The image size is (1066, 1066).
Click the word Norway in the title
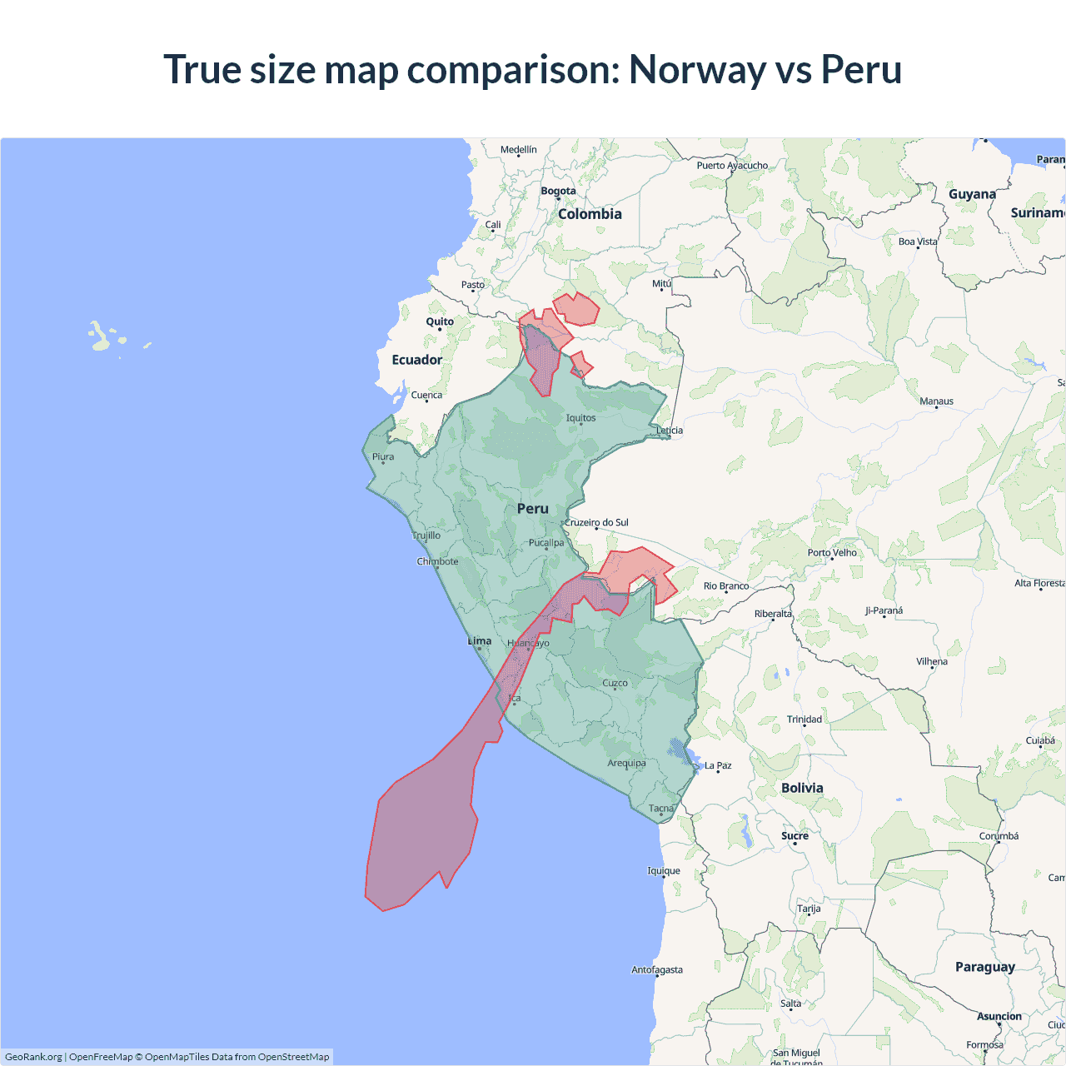697,69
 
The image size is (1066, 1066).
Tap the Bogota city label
558,191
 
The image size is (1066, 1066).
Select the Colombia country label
590,214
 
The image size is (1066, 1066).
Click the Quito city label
440,321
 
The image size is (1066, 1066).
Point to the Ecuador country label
416,360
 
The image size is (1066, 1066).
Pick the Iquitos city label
580,418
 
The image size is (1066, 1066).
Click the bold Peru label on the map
532,509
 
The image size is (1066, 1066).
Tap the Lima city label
480,641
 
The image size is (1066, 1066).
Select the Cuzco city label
615,683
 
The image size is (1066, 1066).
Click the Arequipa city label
626,763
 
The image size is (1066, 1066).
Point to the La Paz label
718,765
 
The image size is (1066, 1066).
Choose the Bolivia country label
802,788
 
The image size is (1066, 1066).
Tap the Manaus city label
936,401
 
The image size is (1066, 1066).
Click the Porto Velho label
832,553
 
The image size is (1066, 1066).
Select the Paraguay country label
984,967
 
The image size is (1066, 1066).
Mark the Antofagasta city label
657,969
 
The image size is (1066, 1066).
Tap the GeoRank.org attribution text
33,1057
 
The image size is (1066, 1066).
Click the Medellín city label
519,150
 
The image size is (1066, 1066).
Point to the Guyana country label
972,194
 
